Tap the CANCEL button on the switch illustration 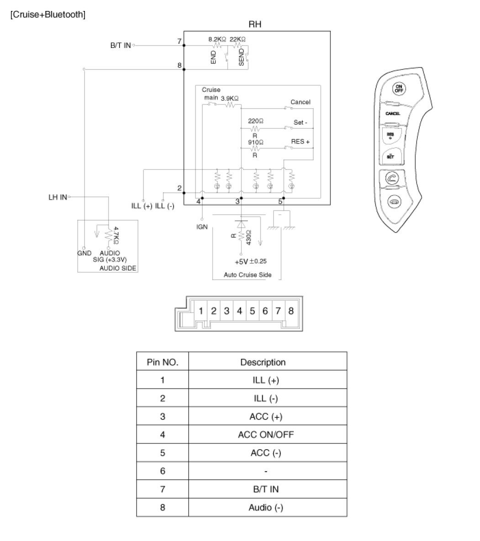tap(393, 113)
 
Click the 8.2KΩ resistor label tap(217, 39)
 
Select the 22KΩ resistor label tap(237, 39)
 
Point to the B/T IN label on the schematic tap(121, 46)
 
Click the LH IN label tap(58, 197)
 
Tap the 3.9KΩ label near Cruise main tap(230, 98)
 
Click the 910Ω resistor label tap(255, 142)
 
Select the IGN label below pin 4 tap(201, 227)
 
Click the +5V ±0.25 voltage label tap(250, 262)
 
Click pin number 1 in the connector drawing tap(200, 311)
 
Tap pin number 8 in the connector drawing tap(291, 311)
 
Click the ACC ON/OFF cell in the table tap(265, 435)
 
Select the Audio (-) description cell tap(265, 507)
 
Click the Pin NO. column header tap(162, 362)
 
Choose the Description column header tap(263, 362)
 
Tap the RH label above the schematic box tap(255, 24)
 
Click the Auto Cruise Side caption tap(247, 275)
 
